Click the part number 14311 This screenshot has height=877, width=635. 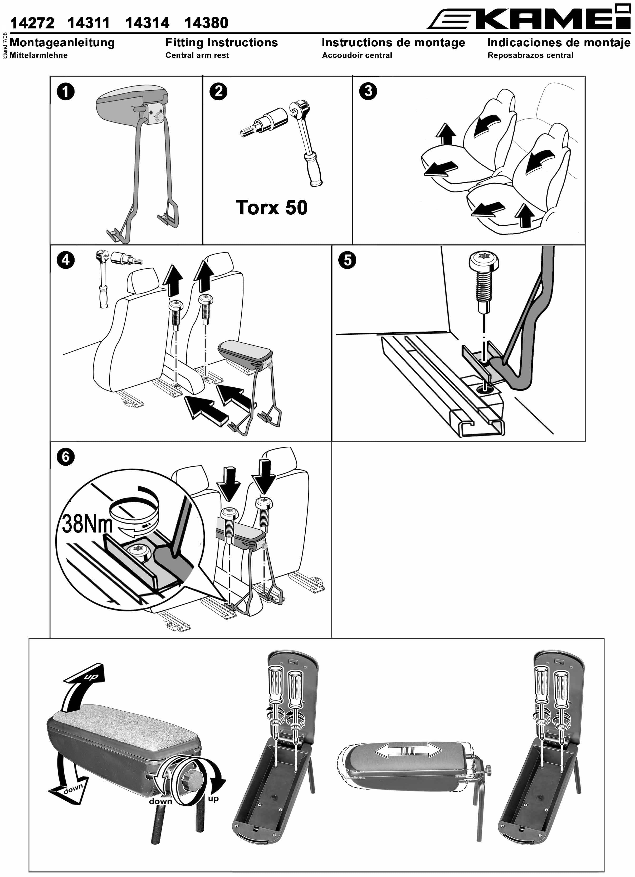click(x=89, y=23)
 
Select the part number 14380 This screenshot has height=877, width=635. click(x=207, y=23)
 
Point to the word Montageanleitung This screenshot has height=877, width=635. click(x=62, y=43)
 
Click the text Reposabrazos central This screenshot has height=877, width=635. click(x=530, y=55)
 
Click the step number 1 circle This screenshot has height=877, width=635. click(x=66, y=92)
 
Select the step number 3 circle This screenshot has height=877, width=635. click(x=368, y=91)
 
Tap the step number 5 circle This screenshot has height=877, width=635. click(x=348, y=260)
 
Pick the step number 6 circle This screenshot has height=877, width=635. click(x=66, y=457)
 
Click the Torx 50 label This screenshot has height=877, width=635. click(x=272, y=207)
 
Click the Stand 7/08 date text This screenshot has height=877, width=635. click(x=5, y=46)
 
